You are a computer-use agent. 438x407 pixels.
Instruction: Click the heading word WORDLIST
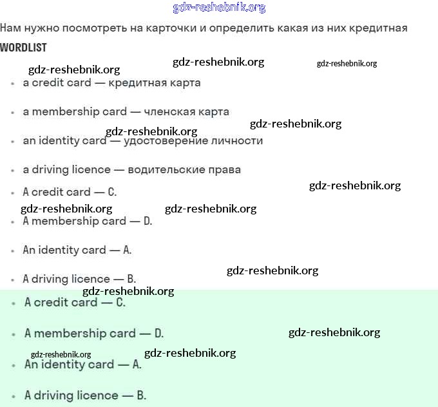23,48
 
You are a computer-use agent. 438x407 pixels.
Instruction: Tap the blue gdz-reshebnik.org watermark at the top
219,8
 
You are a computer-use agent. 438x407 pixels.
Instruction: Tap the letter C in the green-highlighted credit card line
120,302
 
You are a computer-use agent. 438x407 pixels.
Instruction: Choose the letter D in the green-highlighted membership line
159,333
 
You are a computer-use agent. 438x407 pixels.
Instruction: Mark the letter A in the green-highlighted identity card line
137,364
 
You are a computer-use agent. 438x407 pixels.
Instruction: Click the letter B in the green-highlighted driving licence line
142,395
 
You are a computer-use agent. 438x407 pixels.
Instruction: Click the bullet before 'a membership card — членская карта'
13,112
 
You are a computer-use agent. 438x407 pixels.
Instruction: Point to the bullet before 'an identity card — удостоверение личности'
13,141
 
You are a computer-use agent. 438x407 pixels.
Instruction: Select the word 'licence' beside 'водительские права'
90,169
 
